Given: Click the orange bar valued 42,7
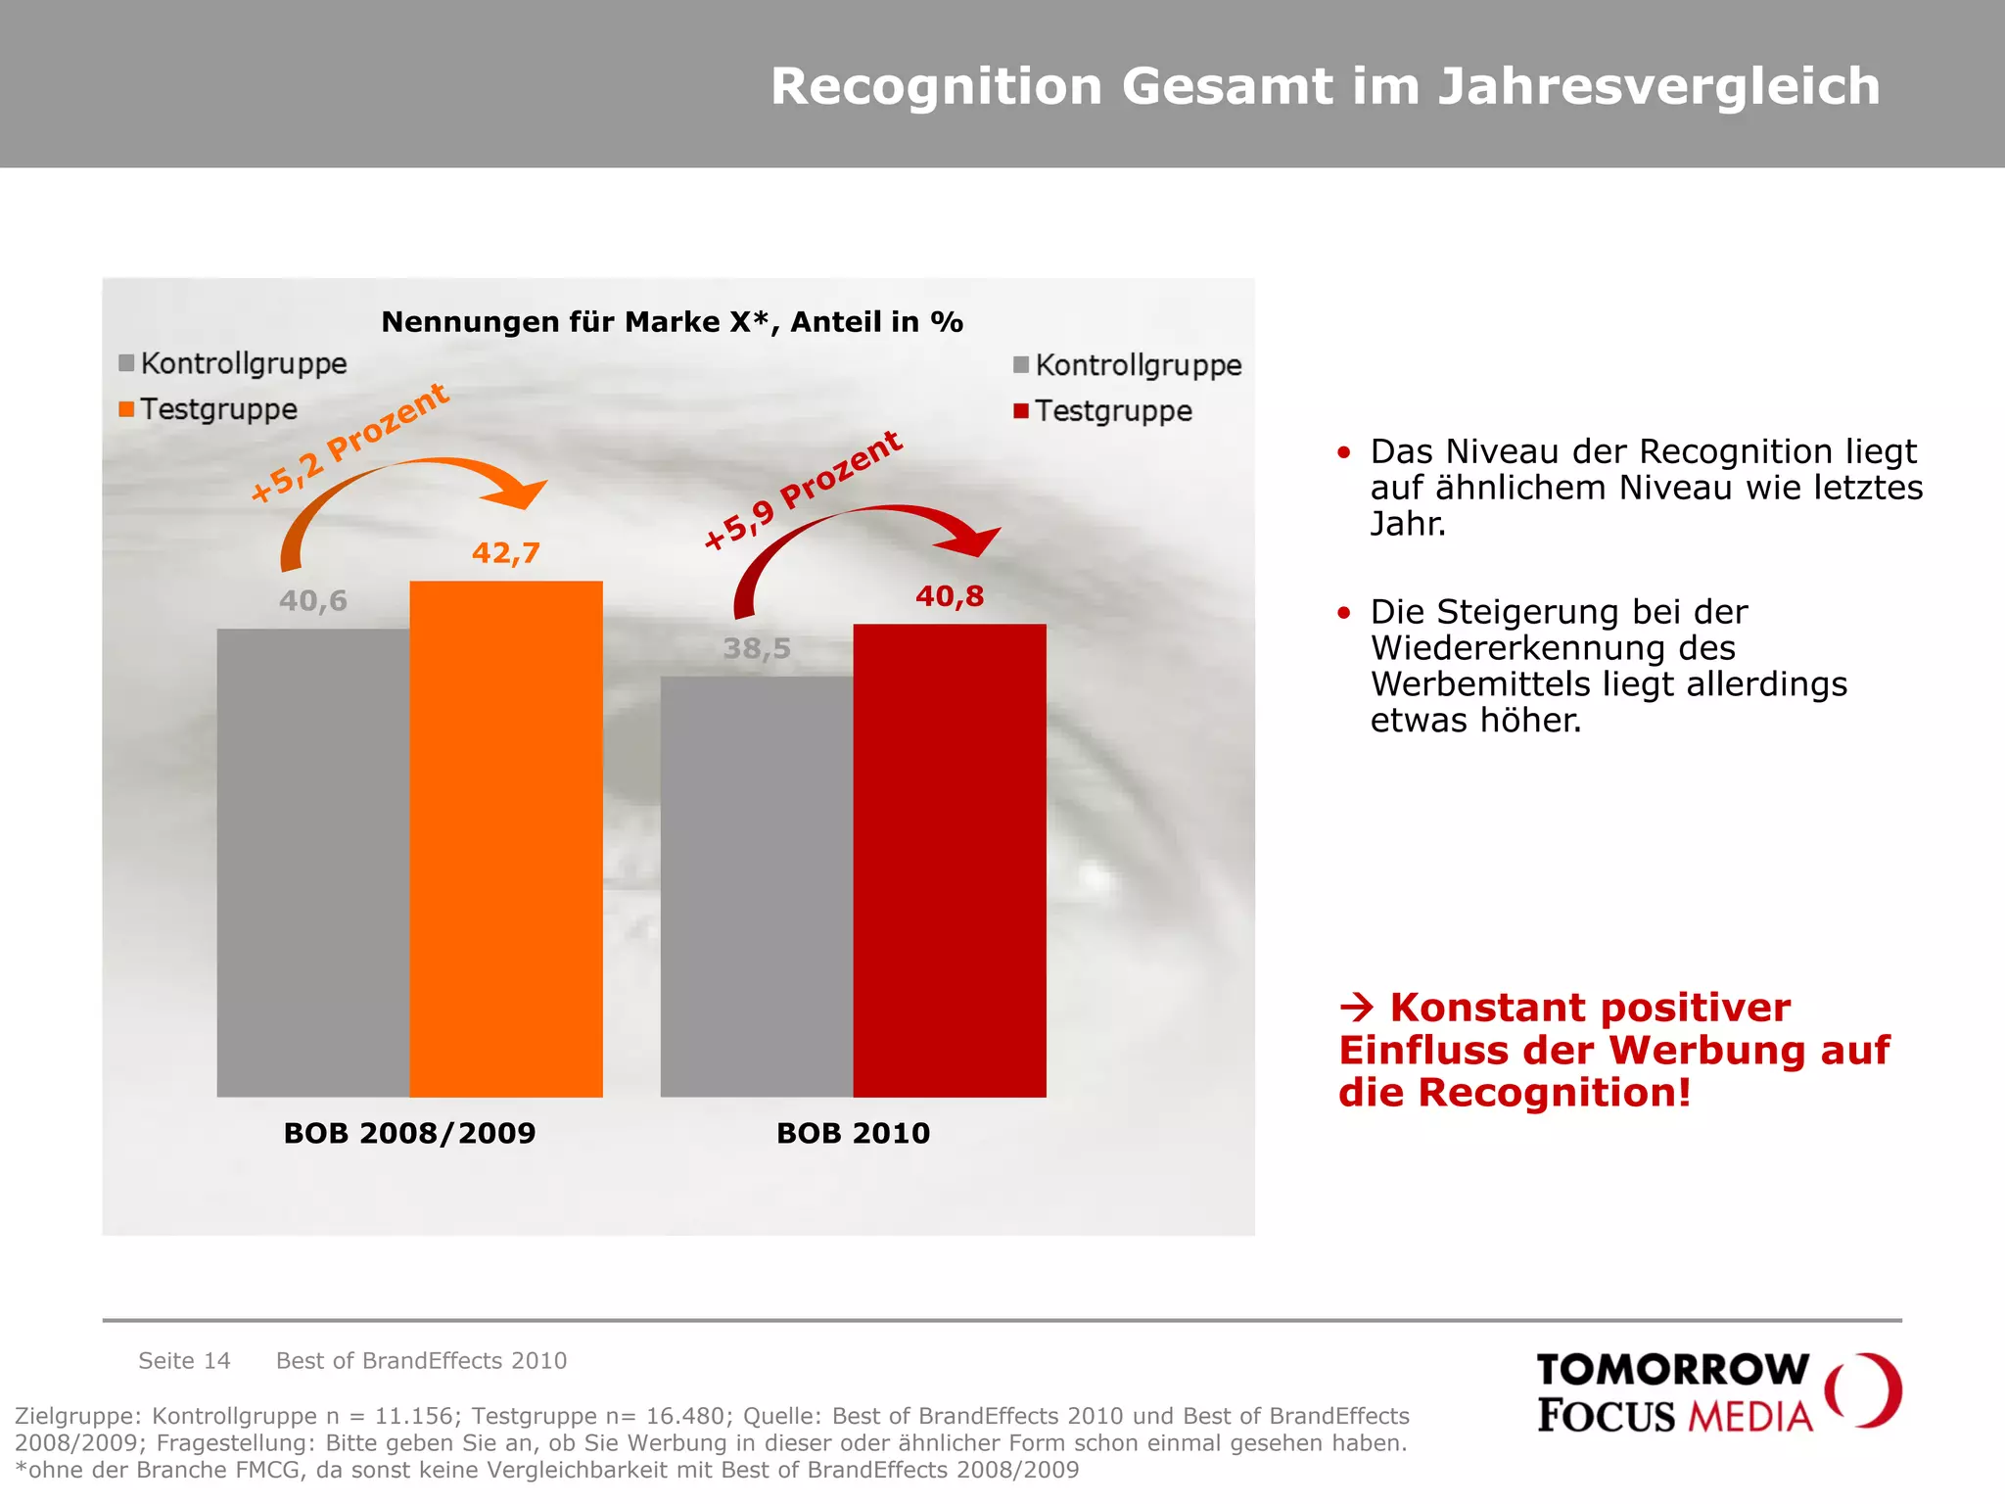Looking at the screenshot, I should click(x=505, y=838).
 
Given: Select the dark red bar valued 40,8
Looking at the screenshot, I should click(x=949, y=860).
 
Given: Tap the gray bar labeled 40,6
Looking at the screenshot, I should click(x=312, y=862).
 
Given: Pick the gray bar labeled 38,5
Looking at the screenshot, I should click(x=756, y=886).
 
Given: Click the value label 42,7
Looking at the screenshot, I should click(x=505, y=553).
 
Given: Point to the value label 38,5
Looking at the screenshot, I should click(x=756, y=648).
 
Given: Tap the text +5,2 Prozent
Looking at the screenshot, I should click(x=349, y=443).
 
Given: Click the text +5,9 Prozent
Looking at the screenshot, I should click(x=803, y=490).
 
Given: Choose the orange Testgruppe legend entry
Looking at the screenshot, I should click(x=208, y=409).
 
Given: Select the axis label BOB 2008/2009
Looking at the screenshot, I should click(x=409, y=1133).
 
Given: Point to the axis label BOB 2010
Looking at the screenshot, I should click(x=853, y=1133).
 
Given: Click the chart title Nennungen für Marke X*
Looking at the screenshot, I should click(x=672, y=322).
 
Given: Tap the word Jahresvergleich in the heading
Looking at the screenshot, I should click(x=1657, y=86).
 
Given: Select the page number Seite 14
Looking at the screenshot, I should click(x=184, y=1360).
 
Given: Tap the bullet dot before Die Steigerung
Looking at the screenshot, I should click(x=1344, y=613).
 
